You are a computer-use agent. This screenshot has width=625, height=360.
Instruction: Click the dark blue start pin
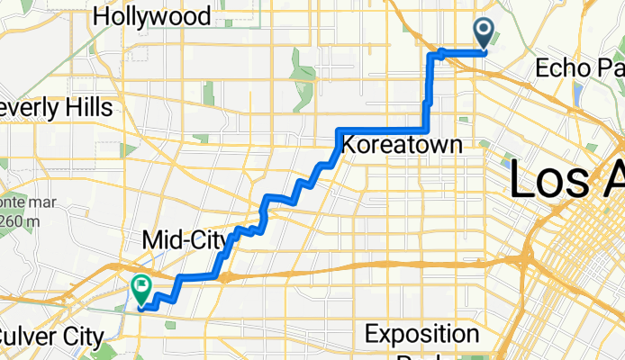(x=484, y=34)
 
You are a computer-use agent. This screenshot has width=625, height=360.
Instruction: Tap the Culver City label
(x=50, y=337)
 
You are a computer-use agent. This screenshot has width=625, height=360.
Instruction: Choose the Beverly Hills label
(x=56, y=108)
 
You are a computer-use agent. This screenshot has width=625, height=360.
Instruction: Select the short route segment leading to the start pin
(x=464, y=52)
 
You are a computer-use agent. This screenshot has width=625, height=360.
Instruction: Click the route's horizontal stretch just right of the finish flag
(x=198, y=275)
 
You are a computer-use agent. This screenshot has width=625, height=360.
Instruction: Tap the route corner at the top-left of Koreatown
(x=339, y=131)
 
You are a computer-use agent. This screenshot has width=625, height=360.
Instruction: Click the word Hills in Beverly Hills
(x=86, y=108)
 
